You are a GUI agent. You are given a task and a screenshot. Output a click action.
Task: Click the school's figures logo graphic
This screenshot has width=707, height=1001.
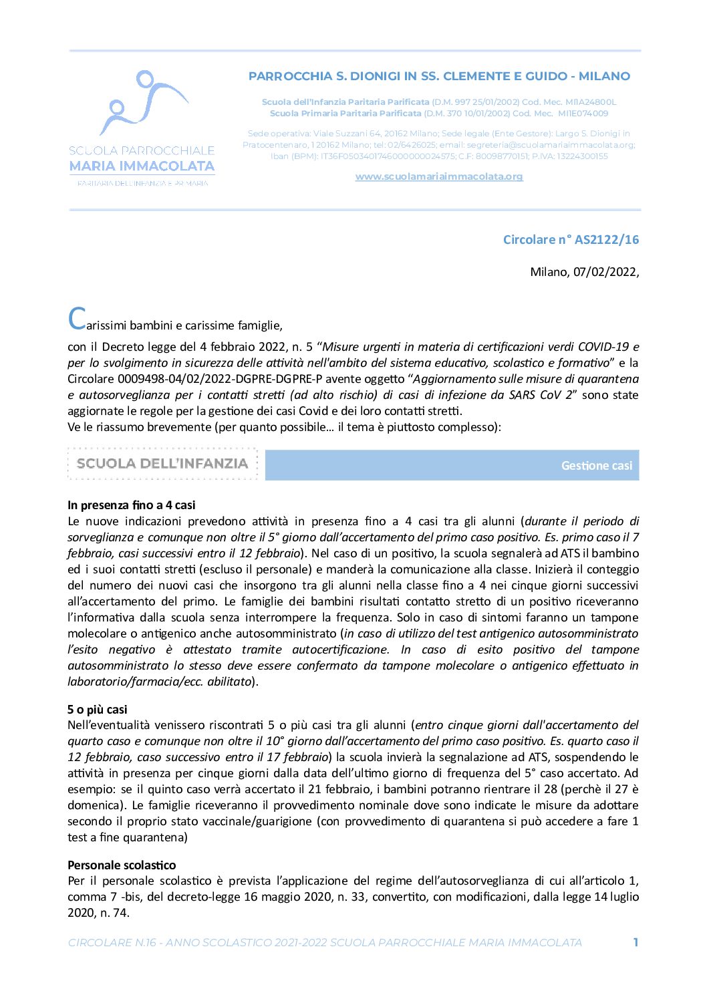[x=142, y=104]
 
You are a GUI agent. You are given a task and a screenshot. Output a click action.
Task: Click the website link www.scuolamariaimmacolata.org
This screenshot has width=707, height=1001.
[x=438, y=176]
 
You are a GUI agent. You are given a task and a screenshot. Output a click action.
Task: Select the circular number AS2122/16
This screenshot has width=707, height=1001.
[x=606, y=239]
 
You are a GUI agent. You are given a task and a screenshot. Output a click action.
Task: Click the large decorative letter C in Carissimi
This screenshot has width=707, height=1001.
[x=77, y=319]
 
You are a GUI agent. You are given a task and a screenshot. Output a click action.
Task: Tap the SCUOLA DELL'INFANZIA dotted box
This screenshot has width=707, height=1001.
[x=162, y=464]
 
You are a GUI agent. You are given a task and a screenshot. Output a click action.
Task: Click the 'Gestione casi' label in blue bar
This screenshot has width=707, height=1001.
[x=596, y=466]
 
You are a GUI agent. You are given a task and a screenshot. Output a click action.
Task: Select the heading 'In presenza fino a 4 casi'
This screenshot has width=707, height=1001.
[x=131, y=505]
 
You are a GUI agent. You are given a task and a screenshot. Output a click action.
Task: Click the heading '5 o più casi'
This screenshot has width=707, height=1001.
[x=97, y=709]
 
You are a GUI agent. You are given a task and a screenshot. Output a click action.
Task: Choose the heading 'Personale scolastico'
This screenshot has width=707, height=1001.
[x=122, y=865]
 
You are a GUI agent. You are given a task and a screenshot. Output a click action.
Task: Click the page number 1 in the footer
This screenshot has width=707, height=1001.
[x=635, y=942]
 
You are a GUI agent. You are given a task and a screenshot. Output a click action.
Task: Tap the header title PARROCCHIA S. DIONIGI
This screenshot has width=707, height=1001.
[x=438, y=76]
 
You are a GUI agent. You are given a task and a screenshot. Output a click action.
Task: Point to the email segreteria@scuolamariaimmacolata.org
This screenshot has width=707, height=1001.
[x=550, y=144]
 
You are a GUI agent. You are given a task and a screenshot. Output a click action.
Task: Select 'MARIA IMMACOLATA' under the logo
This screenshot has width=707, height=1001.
[x=142, y=166]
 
